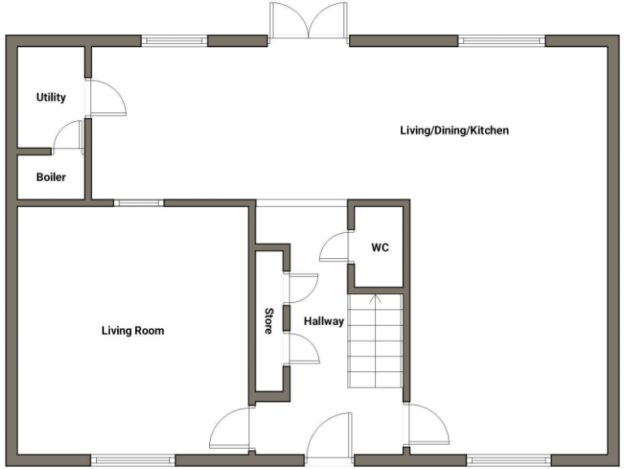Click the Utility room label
50,98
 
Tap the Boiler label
50,177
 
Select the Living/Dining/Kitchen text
454,130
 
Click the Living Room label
133,331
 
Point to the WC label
379,248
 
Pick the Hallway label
324,322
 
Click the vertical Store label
268,322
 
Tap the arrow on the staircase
375,300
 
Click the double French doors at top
308,22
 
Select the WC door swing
334,247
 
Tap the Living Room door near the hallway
229,429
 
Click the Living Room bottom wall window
133,460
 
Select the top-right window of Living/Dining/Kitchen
501,39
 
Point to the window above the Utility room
174,39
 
